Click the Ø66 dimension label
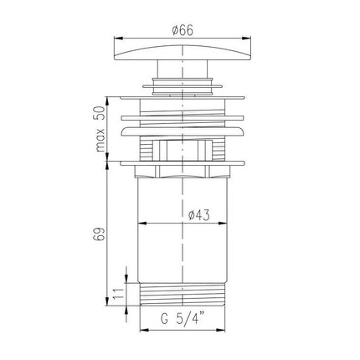point(183,30)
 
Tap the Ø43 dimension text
point(198,215)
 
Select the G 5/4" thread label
point(183,318)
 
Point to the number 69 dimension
point(100,234)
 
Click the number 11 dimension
point(118,294)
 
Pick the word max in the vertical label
point(100,140)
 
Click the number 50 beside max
point(100,113)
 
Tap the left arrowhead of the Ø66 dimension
point(118,39)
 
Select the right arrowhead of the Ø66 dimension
point(247,39)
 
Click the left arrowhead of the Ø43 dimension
point(142,223)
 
